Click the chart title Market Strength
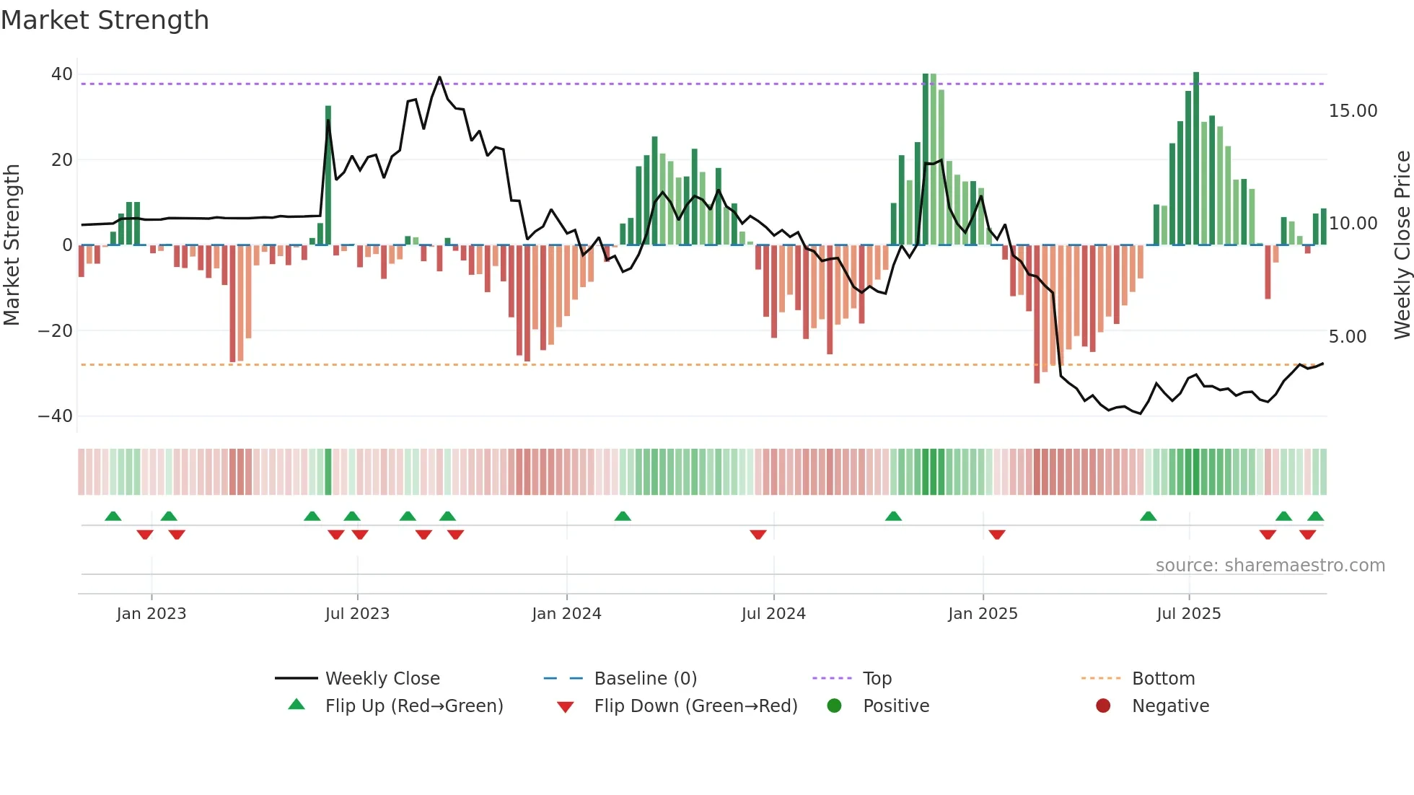point(105,20)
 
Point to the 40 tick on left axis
point(62,74)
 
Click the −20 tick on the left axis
point(56,331)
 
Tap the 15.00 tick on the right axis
point(1353,111)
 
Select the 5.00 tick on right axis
point(1347,337)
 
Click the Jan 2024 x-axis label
point(566,614)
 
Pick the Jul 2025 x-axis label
point(1188,614)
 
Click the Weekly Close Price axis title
point(1402,245)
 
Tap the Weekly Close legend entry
point(382,679)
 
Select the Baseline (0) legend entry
point(645,679)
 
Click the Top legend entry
point(877,679)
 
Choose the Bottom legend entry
point(1163,679)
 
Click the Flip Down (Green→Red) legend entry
point(695,706)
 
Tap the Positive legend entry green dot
point(835,706)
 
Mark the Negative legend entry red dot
point(1103,706)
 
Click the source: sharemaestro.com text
point(1270,566)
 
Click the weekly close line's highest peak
point(439,77)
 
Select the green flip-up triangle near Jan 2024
point(623,516)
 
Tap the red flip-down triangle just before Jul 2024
point(757,535)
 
